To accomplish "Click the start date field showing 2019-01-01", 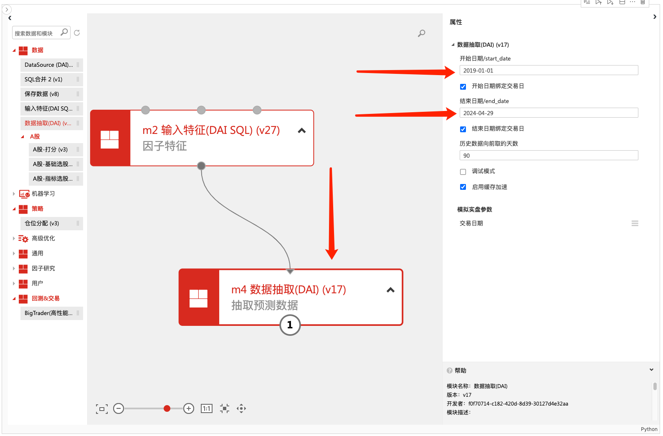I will [548, 71].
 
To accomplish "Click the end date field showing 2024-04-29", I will [548, 113].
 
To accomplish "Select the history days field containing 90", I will [548, 156].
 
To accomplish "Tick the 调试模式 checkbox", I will [463, 172].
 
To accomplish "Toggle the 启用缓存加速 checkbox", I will [463, 187].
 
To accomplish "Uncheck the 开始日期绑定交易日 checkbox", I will [463, 87].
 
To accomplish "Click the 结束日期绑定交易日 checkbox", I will [463, 129].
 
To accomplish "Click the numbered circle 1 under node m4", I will [290, 325].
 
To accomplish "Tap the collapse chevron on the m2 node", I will [302, 131].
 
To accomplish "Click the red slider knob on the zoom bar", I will [167, 409].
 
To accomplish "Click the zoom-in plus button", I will [189, 409].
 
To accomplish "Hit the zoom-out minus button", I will [119, 409].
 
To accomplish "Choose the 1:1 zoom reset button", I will [207, 409].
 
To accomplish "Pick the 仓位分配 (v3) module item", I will [42, 224].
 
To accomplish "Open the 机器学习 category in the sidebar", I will [43, 194].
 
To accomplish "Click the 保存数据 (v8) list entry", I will [42, 94].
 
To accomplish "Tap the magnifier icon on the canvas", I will [422, 33].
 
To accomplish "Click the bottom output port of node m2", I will [201, 166].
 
